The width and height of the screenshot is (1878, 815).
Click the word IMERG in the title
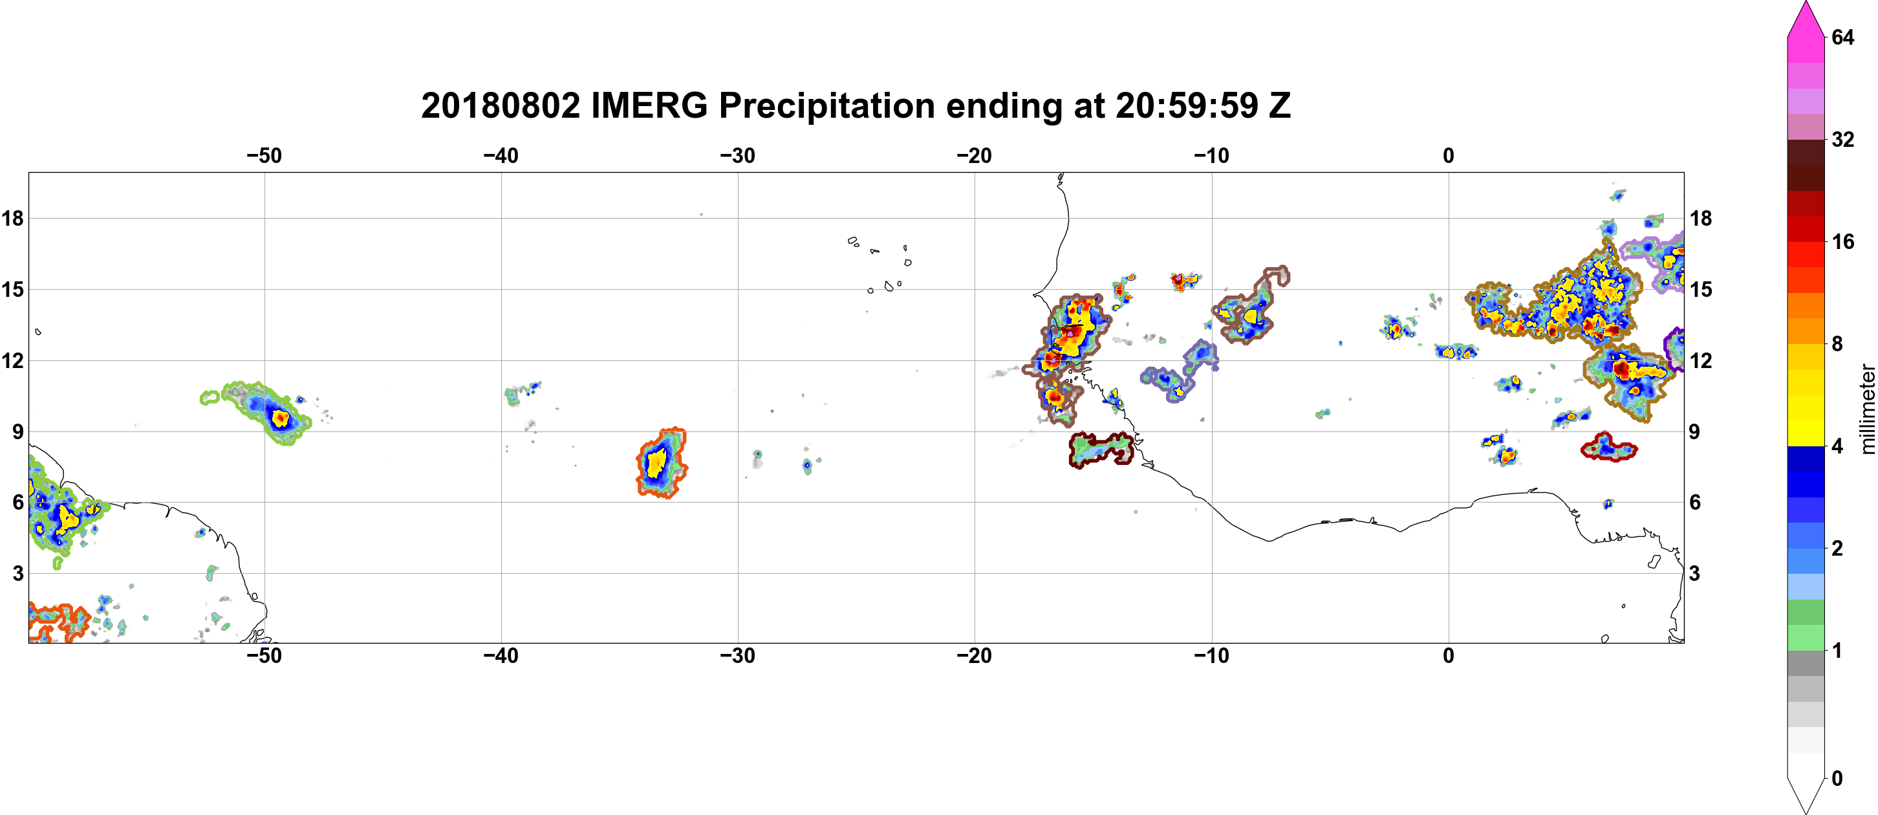point(649,105)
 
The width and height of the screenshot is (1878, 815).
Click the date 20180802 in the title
point(501,105)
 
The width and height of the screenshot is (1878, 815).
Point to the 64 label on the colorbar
point(1843,37)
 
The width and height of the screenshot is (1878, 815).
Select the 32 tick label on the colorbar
point(1843,139)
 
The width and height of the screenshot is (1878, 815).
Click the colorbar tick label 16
point(1843,241)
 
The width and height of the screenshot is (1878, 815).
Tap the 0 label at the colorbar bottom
point(1837,779)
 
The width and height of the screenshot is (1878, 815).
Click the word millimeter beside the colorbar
point(1867,409)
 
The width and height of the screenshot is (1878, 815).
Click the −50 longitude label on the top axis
point(264,155)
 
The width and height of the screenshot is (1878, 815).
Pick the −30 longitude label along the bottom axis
point(738,656)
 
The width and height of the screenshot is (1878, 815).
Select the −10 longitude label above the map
point(1212,155)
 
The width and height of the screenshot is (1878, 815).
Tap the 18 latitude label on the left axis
point(12,218)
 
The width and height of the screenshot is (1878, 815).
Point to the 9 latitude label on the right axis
point(1694,431)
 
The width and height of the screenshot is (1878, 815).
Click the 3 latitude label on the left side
point(18,573)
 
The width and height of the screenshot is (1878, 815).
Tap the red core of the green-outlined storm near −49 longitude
point(279,418)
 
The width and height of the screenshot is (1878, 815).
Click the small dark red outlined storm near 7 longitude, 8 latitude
point(1609,447)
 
